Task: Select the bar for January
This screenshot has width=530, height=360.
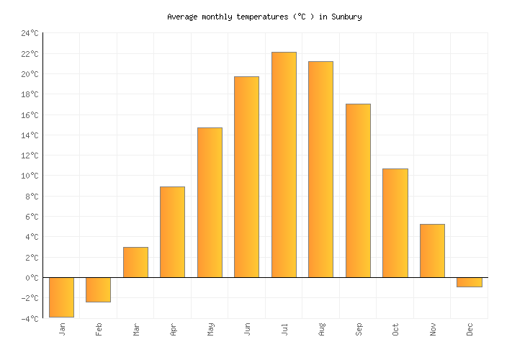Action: tap(61, 297)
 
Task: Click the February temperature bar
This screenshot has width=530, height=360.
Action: tap(98, 289)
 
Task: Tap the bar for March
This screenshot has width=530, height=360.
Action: tap(135, 262)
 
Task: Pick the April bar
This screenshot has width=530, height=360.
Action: tap(172, 232)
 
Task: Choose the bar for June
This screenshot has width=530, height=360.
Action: tap(246, 176)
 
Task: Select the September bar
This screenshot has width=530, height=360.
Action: tap(358, 190)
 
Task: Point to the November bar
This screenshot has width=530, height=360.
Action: tap(432, 251)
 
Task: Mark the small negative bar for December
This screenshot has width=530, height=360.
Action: tap(469, 282)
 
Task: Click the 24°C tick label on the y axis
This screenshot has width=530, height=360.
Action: tap(30, 34)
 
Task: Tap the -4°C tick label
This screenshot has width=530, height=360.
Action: tap(30, 318)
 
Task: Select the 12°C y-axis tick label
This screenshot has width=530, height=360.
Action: tap(30, 156)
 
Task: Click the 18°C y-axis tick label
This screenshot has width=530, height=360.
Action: tap(30, 95)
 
